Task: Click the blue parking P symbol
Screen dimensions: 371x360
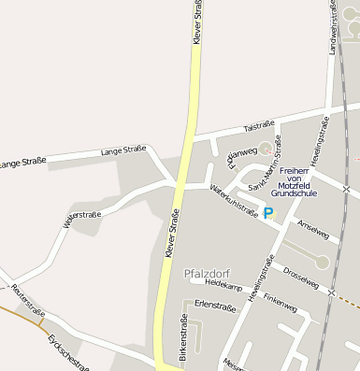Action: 268,213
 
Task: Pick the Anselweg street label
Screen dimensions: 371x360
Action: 312,230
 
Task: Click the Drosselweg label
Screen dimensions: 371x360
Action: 301,277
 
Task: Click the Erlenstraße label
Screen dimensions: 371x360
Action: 215,305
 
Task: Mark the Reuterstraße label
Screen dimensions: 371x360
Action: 28,300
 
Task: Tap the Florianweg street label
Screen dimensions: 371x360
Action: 238,153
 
